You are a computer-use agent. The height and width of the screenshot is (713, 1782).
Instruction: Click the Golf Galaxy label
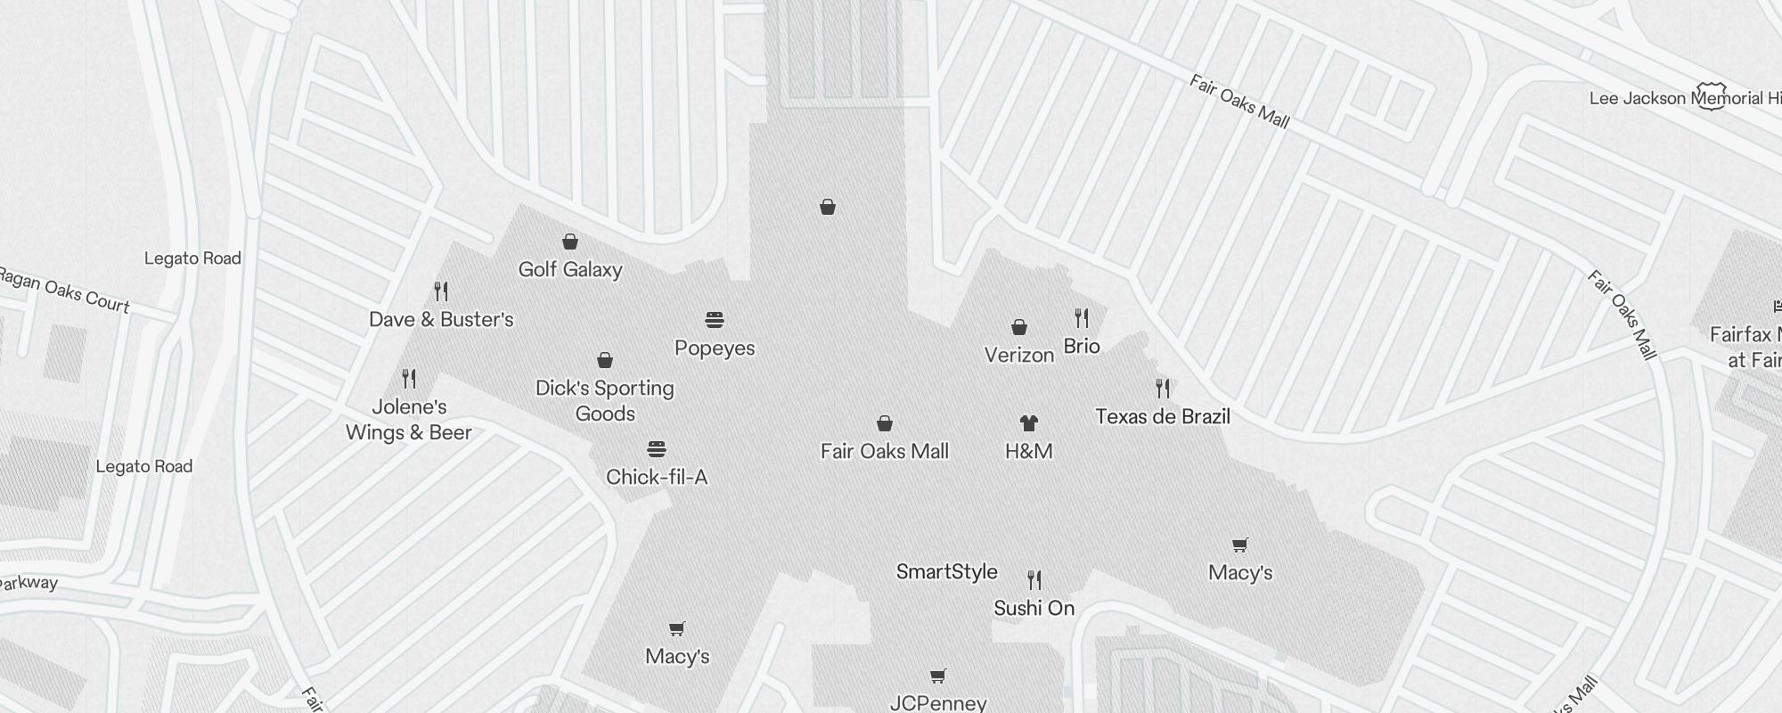click(570, 269)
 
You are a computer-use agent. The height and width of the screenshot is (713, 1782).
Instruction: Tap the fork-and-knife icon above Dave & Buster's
click(441, 291)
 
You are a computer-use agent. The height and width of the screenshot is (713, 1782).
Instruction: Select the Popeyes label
click(715, 348)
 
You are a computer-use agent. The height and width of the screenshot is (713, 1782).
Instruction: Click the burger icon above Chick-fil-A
click(657, 448)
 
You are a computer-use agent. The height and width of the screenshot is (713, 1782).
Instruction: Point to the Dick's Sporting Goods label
click(605, 400)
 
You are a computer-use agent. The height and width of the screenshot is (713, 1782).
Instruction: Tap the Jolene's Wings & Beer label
click(409, 420)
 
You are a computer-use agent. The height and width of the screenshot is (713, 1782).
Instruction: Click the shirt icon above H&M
click(1029, 422)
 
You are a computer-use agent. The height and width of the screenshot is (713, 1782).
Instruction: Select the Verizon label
click(1019, 355)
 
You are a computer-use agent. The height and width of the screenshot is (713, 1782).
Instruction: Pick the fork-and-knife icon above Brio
click(1082, 318)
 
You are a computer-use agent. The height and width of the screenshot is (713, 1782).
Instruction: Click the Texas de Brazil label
click(1163, 416)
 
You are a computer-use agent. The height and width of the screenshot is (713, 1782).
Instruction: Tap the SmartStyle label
click(947, 571)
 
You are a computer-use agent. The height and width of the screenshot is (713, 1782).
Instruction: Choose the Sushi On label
click(1034, 608)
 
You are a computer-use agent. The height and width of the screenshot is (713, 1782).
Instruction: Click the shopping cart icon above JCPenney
click(937, 676)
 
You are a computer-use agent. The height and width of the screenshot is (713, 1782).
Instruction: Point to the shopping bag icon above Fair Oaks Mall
click(885, 422)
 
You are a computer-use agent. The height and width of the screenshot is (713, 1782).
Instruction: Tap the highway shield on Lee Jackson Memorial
click(1711, 96)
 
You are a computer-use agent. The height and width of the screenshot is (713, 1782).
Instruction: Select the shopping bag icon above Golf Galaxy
click(570, 242)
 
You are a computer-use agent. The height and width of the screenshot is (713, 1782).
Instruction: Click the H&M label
click(1029, 451)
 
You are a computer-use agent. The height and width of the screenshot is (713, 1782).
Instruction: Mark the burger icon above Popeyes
click(715, 319)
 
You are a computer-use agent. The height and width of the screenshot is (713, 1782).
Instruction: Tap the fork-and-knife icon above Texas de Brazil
click(1163, 388)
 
